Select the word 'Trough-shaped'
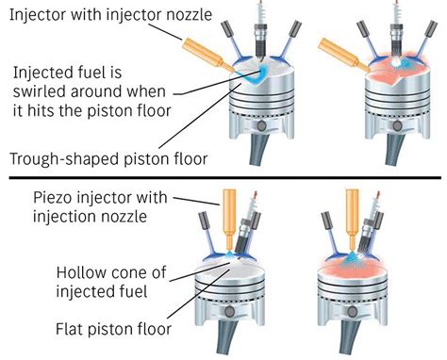[56, 157]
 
